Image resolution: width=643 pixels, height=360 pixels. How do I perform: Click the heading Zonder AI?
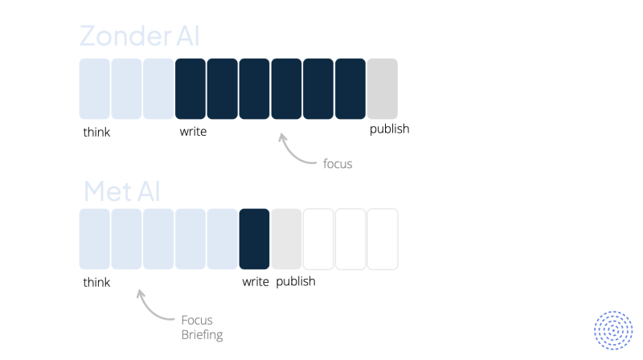coord(139,35)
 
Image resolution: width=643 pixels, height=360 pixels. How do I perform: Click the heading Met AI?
coord(122,191)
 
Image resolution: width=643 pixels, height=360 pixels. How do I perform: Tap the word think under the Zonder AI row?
coord(96,132)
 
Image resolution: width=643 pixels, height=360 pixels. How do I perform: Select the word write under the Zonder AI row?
coord(193,131)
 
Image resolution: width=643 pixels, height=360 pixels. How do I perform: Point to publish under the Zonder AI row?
coord(389,129)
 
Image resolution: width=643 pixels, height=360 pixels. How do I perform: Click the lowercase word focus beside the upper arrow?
coord(338,164)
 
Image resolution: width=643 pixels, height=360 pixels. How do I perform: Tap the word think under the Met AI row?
coord(96,282)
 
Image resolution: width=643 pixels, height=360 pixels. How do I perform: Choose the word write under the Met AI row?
coord(256,282)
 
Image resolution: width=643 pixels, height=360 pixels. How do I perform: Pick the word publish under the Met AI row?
coord(296,282)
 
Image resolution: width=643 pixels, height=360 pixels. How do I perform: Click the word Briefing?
coord(202,335)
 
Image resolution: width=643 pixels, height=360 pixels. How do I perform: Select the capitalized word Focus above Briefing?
coord(197,320)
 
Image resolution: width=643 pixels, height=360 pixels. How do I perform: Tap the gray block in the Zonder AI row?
coord(383,88)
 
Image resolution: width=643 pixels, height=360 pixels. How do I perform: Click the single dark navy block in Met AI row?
coord(254,239)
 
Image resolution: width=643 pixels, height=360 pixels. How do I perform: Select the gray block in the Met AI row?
coord(286,239)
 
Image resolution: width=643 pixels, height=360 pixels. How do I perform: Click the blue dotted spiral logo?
coord(613,330)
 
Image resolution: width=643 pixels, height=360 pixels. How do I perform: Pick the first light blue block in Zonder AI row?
coord(94,88)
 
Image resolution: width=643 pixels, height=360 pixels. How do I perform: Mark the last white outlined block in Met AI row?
coord(383,239)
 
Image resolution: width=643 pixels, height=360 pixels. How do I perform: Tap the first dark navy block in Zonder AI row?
coord(190,88)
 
